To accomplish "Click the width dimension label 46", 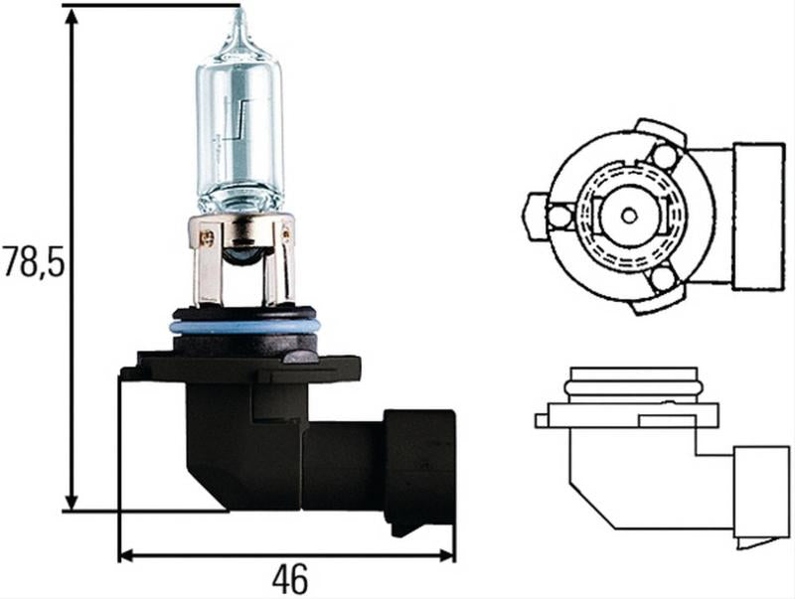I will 287,577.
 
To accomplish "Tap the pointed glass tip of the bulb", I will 238,18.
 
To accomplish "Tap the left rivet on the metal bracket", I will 208,237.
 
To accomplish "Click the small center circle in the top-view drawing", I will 627,214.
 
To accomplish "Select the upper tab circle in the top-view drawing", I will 663,155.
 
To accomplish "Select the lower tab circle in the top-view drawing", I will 663,279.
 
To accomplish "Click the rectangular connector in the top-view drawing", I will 757,216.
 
